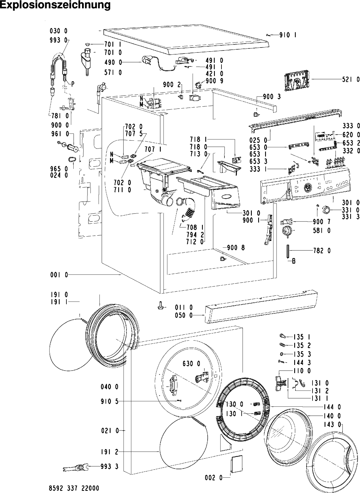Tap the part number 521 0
[x=351, y=79]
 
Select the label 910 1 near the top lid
[x=288, y=35]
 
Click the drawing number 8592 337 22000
[x=74, y=488]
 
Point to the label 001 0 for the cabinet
[x=59, y=275]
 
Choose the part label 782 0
[x=322, y=250]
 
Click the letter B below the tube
[x=294, y=261]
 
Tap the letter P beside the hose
[x=73, y=84]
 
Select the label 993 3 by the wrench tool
[x=109, y=466]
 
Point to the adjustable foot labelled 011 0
[x=160, y=306]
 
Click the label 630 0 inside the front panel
[x=191, y=364]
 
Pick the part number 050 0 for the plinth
[x=184, y=315]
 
